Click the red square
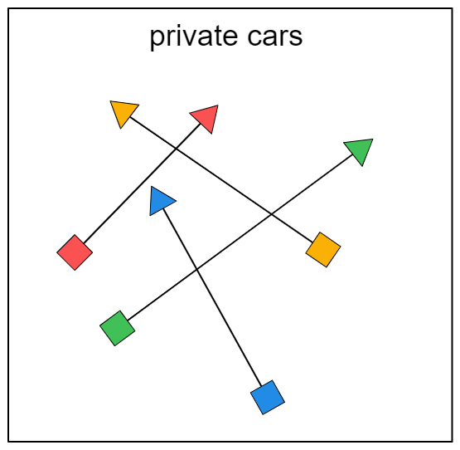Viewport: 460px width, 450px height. click(75, 252)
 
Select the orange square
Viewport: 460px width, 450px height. click(323, 250)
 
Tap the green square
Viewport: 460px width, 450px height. click(118, 328)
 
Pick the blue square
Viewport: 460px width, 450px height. click(268, 398)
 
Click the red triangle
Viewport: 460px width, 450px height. click(206, 117)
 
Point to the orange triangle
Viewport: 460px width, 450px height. click(123, 112)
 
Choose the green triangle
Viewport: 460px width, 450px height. click(361, 150)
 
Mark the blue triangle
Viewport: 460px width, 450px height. click(160, 201)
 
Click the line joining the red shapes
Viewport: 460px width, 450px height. click(142, 183)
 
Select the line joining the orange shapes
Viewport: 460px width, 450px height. click(221, 179)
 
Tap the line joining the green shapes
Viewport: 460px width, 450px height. click(240, 237)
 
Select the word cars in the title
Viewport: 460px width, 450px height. click(275, 37)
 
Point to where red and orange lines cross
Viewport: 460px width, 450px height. click(176, 149)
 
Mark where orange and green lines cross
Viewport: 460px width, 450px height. click(271, 214)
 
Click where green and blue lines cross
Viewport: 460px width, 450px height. click(196, 269)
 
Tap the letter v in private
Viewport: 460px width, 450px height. click(186, 37)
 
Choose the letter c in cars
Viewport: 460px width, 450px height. click(255, 37)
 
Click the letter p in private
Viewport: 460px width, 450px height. click(157, 40)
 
